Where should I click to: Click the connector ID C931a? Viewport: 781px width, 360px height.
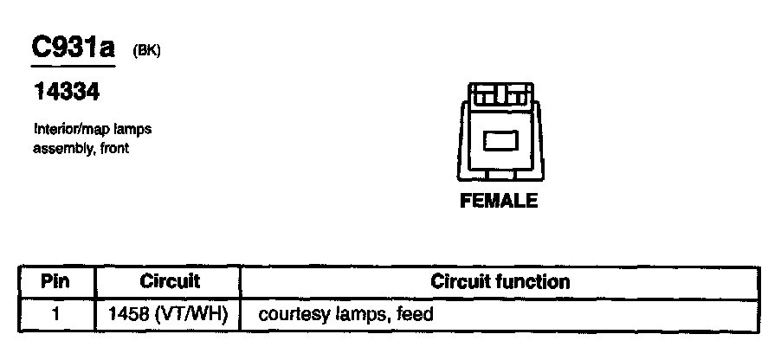click(73, 48)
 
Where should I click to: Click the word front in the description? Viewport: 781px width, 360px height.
click(113, 148)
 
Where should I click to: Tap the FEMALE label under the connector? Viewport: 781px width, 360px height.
click(499, 201)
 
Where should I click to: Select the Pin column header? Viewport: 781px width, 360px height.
click(55, 281)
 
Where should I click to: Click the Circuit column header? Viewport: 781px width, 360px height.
click(170, 281)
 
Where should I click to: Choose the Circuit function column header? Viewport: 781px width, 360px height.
click(500, 281)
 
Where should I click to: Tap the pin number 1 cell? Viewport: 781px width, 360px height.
click(55, 314)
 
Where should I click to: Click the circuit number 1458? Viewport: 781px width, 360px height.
click(126, 314)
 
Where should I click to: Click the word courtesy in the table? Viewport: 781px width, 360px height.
click(291, 315)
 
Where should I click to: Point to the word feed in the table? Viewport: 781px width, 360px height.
click(416, 314)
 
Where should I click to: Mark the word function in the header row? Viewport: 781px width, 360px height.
click(534, 281)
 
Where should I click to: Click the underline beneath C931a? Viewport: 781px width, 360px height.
click(73, 66)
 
